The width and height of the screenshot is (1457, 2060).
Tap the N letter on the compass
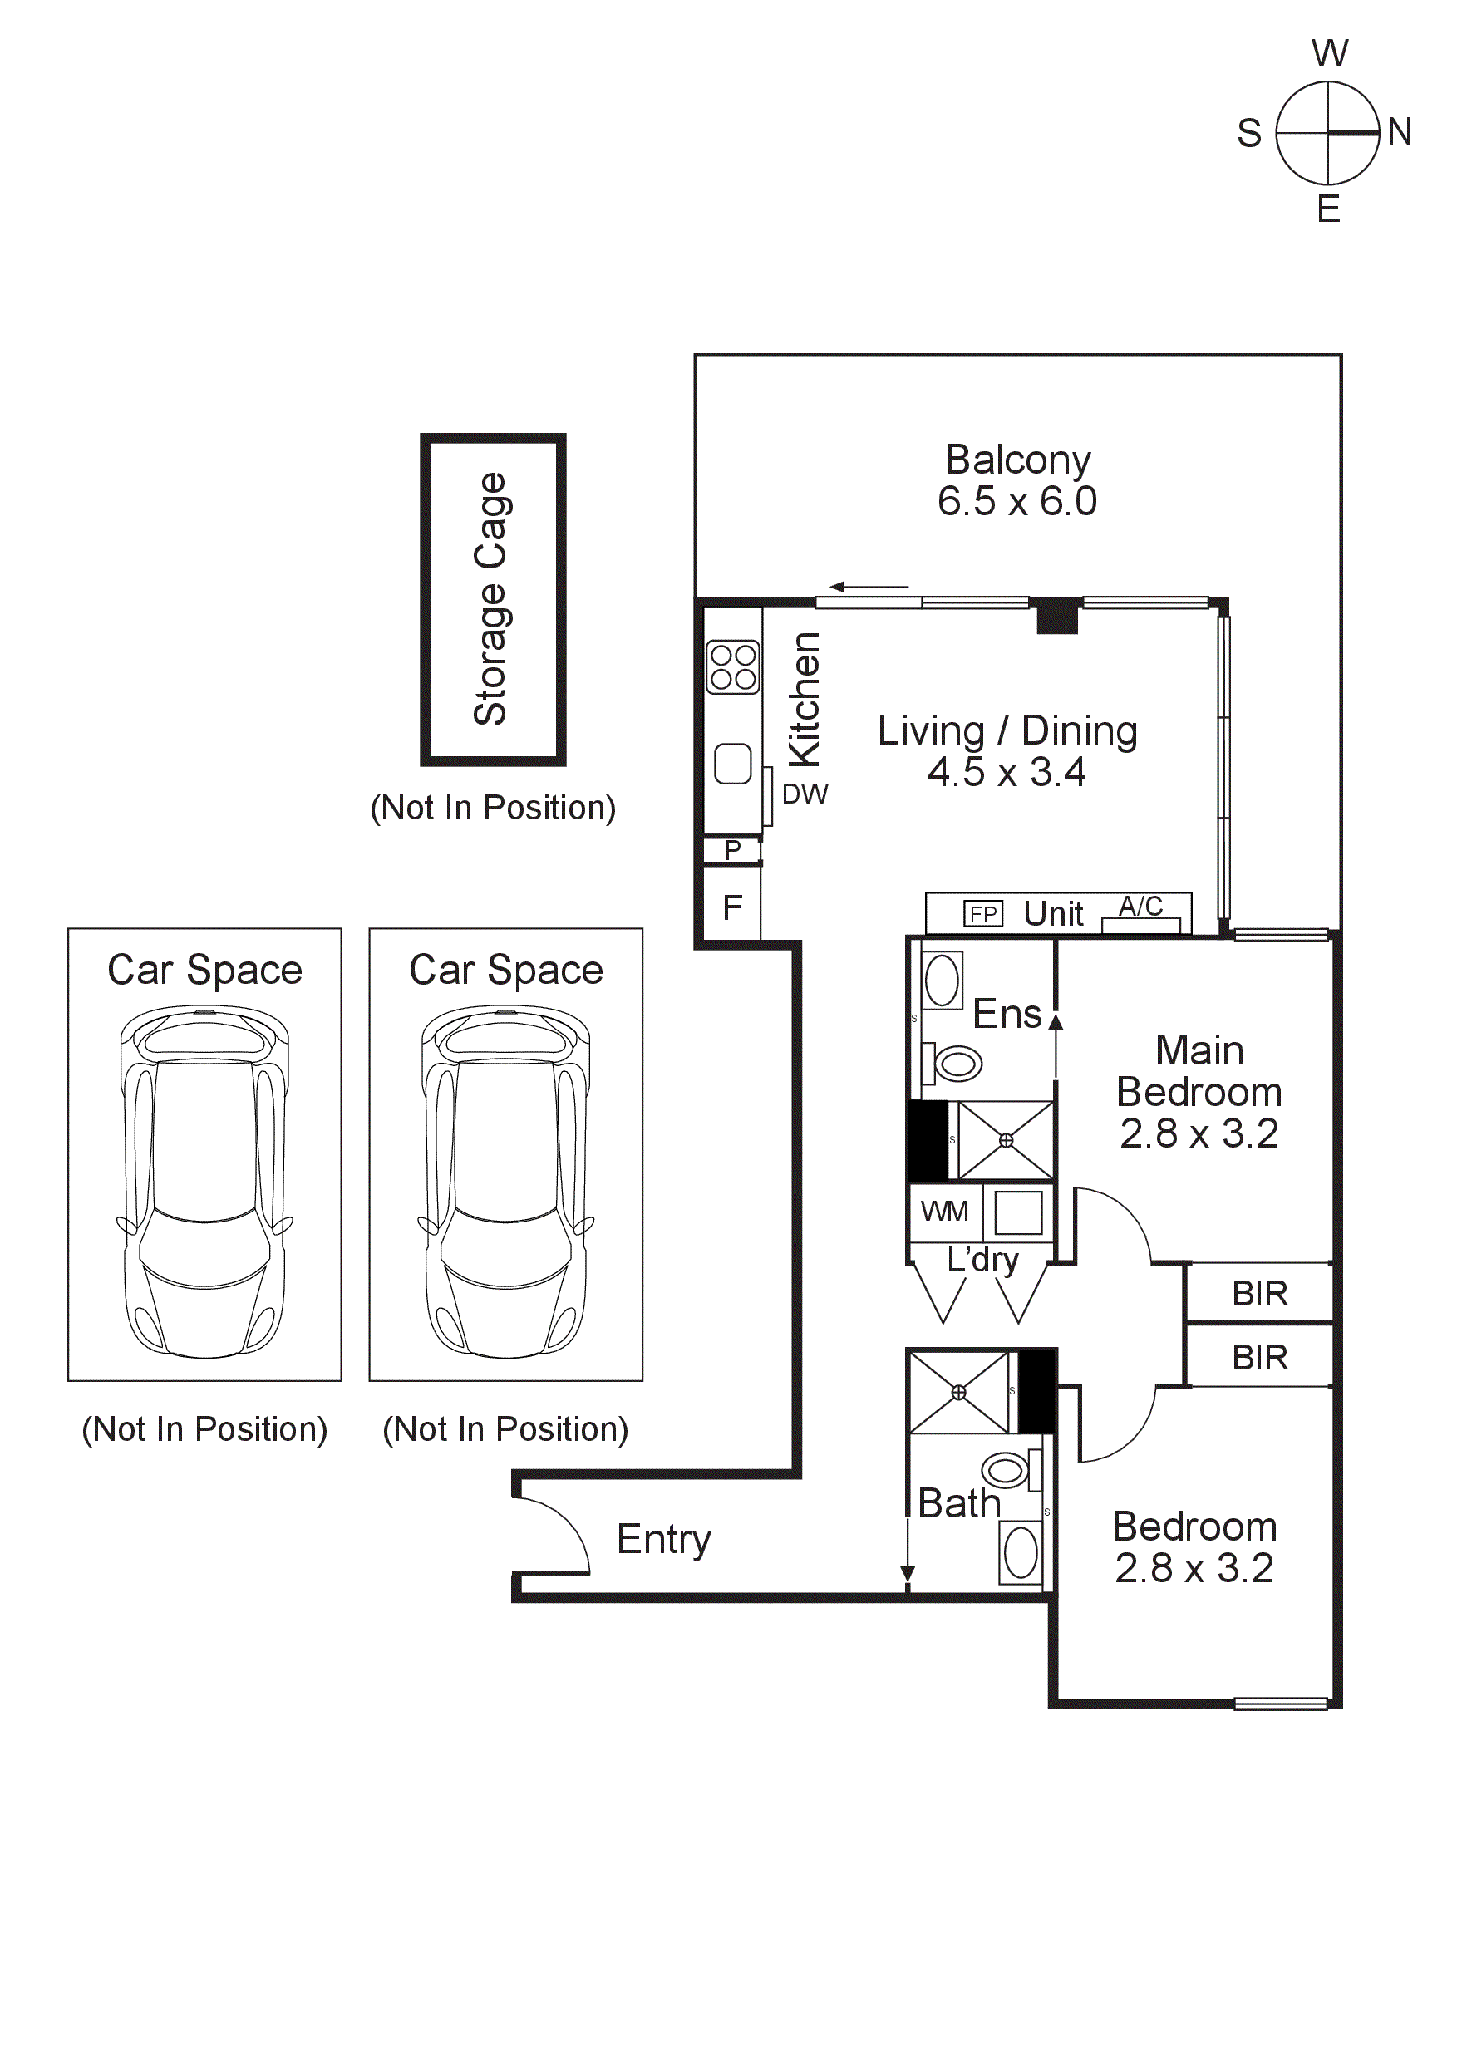point(1400,132)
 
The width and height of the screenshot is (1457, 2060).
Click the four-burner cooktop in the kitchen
point(733,667)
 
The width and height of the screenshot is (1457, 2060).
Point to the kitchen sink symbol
point(733,765)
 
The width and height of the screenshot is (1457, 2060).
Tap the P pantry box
point(732,849)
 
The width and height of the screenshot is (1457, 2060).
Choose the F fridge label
point(732,908)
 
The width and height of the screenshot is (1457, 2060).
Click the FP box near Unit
point(983,913)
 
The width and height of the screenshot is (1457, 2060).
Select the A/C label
point(1140,907)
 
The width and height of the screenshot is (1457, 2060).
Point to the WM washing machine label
point(945,1212)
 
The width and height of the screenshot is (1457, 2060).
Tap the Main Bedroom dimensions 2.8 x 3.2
point(1199,1134)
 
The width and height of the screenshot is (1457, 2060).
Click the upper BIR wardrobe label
point(1260,1294)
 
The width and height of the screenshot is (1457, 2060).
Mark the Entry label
point(664,1540)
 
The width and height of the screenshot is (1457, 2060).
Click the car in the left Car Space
point(204,1182)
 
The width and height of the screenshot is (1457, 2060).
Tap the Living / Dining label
point(1007,731)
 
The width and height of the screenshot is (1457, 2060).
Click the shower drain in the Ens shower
point(1006,1140)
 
